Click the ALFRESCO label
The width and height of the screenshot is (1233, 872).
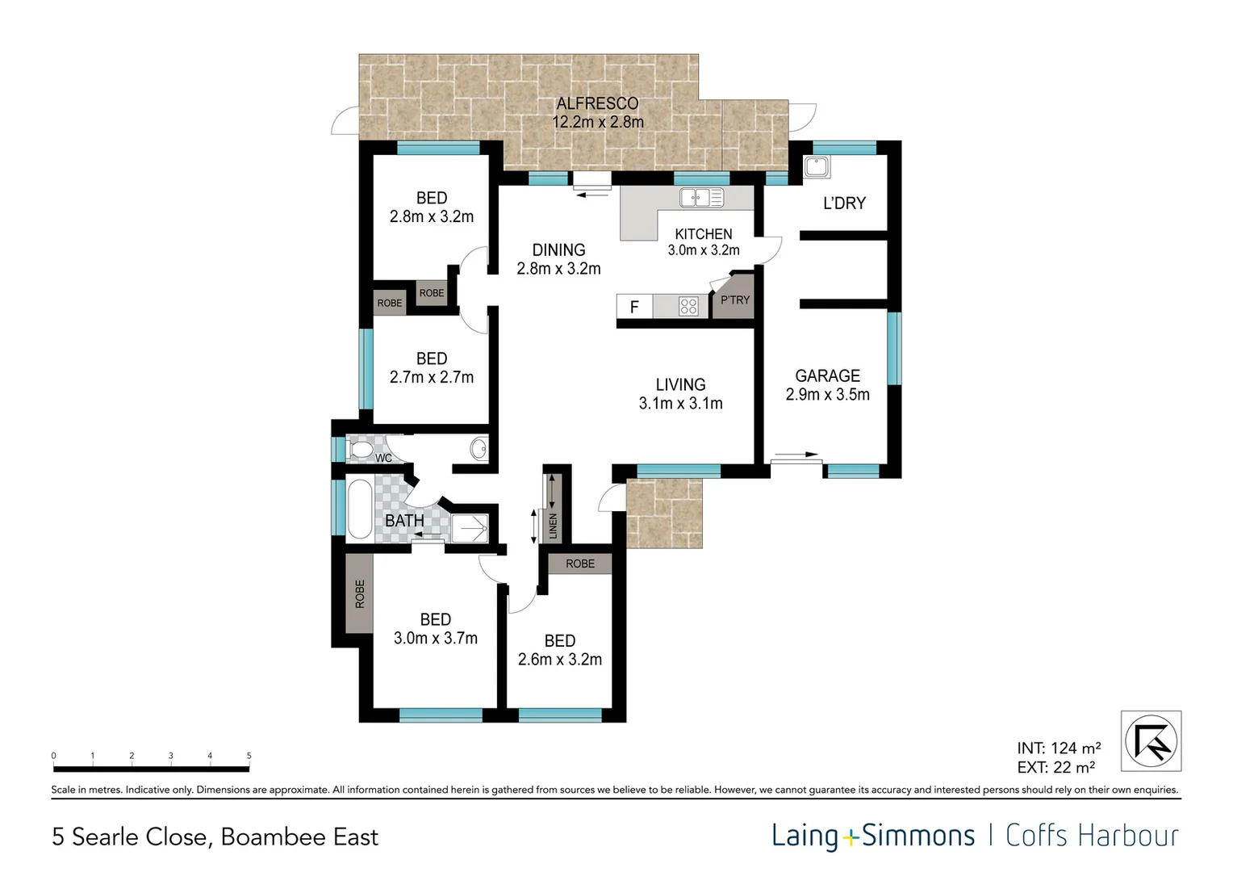coord(597,103)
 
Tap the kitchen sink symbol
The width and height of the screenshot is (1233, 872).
coord(701,197)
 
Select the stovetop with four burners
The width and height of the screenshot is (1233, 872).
coord(688,306)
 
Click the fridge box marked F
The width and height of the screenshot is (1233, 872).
coord(634,307)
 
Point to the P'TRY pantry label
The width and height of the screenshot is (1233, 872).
coord(734,300)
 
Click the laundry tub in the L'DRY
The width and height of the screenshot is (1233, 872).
coord(817,167)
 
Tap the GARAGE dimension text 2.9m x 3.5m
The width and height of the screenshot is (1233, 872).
coord(827,395)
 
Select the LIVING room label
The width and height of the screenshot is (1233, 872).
coord(680,385)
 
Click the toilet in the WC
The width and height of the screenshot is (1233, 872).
coord(360,449)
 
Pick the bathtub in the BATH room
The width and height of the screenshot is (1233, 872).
coord(359,509)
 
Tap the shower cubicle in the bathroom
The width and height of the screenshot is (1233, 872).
coord(470,528)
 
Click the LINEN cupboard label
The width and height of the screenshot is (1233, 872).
coord(554,526)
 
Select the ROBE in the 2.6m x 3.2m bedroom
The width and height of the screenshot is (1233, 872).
coord(579,564)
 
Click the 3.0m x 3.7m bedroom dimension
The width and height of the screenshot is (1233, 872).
coord(435,638)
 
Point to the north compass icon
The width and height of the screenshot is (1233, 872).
coord(1151,741)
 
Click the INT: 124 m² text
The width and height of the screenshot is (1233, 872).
coord(1058,748)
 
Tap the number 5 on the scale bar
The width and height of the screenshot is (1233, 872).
coord(249,756)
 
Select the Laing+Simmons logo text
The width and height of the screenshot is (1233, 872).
coord(873,836)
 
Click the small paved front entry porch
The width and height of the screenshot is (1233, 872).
coord(664,513)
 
